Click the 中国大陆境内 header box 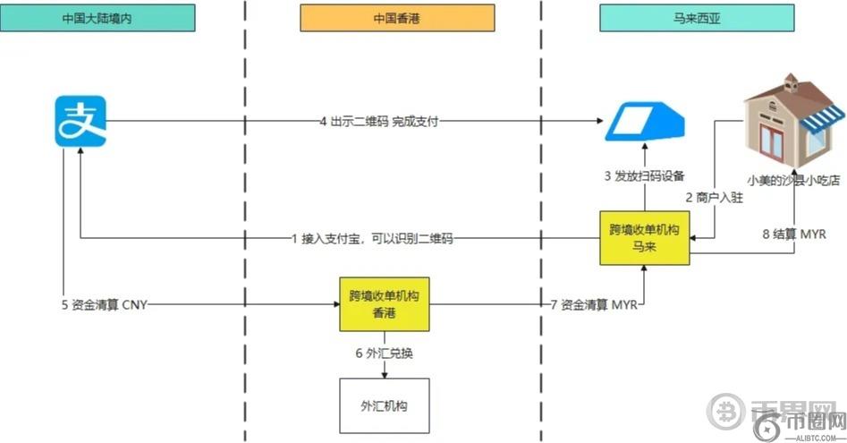pyautogui.click(x=98, y=18)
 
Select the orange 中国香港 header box pyautogui.click(x=396, y=18)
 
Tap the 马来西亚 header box pyautogui.click(x=696, y=18)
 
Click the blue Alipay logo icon pyautogui.click(x=80, y=122)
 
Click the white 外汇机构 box pyautogui.click(x=384, y=405)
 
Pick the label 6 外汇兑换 pyautogui.click(x=384, y=354)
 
